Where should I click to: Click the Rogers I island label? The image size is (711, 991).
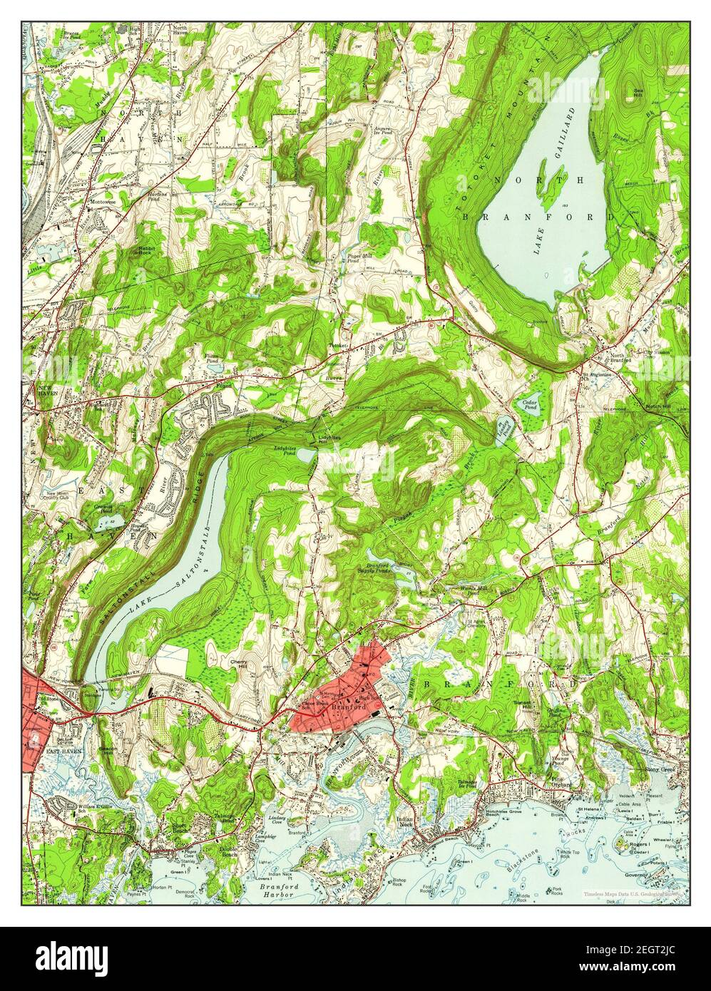(x=638, y=844)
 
